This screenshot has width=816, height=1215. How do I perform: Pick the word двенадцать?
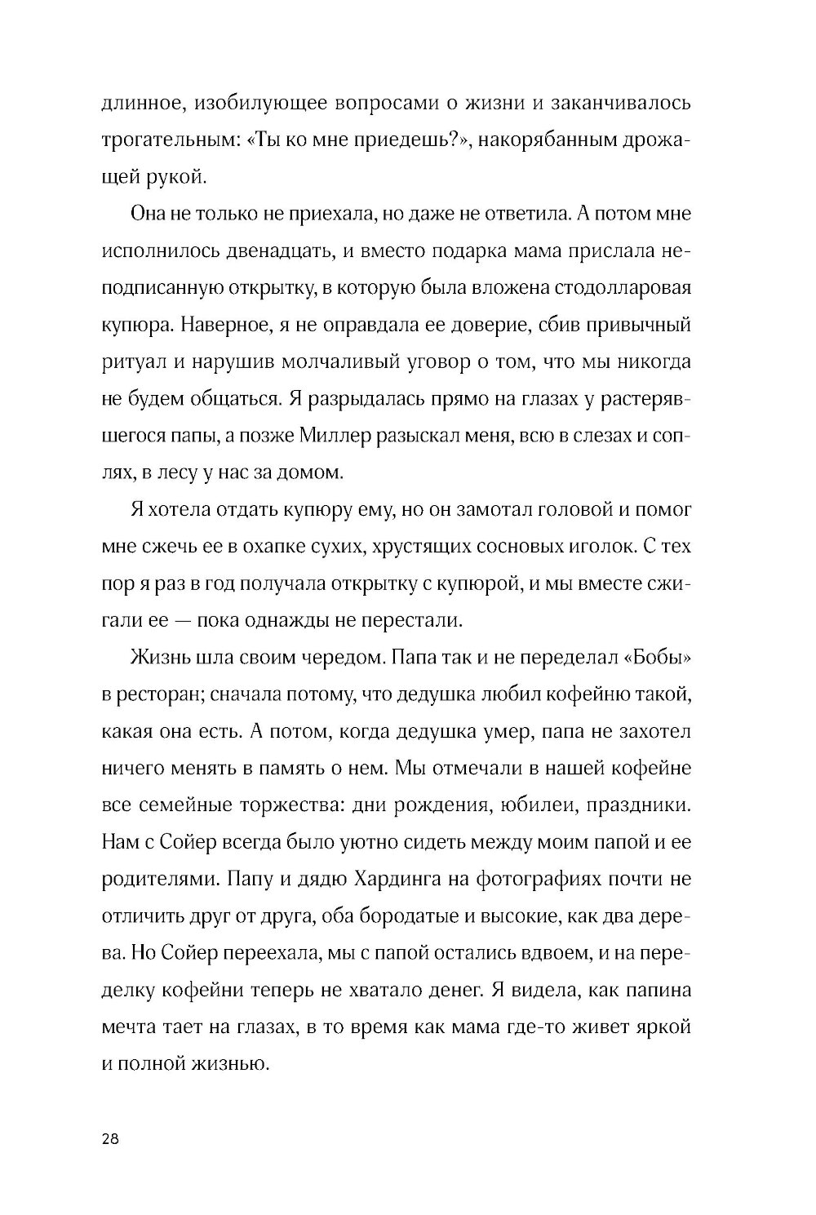click(254, 251)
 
